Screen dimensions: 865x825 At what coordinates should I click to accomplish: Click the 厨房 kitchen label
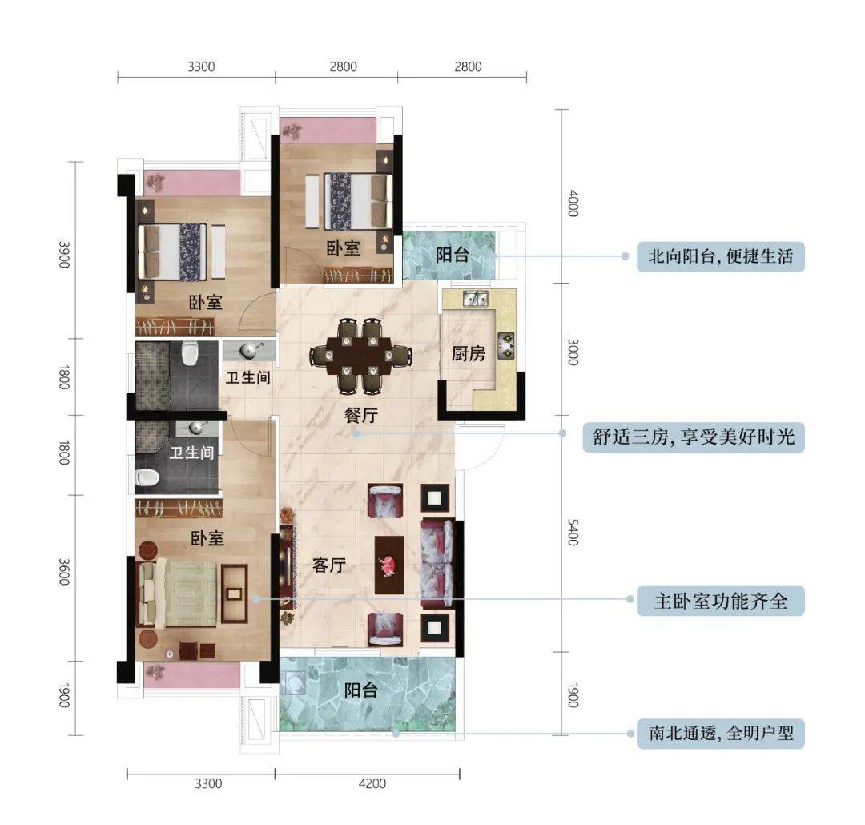(468, 353)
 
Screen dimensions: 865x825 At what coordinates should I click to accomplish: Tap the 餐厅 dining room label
(361, 415)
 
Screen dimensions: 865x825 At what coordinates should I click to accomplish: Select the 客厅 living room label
(329, 565)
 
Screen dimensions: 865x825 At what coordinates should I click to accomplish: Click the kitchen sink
(475, 299)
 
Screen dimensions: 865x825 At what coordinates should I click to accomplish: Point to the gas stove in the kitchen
(506, 346)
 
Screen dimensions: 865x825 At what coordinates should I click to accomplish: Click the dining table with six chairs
(360, 356)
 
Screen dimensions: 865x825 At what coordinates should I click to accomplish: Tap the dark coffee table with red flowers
(389, 565)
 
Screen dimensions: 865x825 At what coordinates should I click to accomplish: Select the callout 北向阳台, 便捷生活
(721, 256)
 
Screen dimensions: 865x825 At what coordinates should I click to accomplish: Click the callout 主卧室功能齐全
(721, 601)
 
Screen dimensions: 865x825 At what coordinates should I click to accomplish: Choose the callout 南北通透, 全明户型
(721, 734)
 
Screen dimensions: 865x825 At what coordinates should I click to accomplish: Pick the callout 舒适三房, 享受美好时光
(694, 437)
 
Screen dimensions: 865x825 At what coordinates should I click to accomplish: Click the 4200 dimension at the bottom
(372, 783)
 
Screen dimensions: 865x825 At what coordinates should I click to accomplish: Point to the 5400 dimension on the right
(573, 533)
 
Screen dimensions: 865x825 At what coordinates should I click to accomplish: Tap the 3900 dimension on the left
(64, 255)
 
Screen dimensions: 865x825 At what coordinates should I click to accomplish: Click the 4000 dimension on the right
(573, 203)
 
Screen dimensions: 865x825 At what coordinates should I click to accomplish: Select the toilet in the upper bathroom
(189, 353)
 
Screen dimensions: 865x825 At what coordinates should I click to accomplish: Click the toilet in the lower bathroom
(147, 477)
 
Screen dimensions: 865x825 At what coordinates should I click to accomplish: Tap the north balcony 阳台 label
(453, 255)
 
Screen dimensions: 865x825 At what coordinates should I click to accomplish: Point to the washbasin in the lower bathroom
(197, 427)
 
